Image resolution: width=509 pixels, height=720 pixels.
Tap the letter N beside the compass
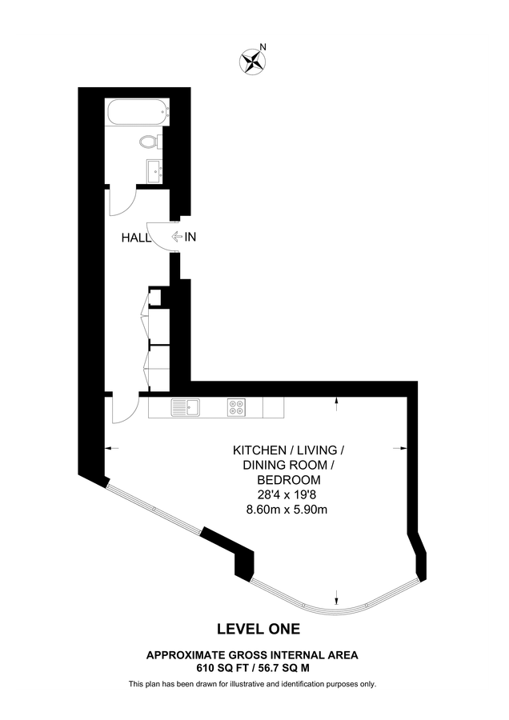263,46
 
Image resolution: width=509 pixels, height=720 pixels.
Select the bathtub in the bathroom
138,111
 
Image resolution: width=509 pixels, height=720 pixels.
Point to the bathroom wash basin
155,171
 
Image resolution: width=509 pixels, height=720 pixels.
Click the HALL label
136,238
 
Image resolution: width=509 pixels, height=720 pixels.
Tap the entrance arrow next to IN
176,237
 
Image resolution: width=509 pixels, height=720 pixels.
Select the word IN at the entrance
190,237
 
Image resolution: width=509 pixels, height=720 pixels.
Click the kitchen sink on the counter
185,407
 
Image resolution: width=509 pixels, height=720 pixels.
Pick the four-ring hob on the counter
236,407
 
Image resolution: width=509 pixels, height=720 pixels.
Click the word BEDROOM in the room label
288,480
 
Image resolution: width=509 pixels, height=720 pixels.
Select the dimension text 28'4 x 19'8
288,494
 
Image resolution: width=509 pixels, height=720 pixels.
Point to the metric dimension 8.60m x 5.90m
287,510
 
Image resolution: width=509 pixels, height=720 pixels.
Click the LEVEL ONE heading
259,629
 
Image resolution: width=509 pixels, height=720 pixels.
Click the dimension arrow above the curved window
338,598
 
